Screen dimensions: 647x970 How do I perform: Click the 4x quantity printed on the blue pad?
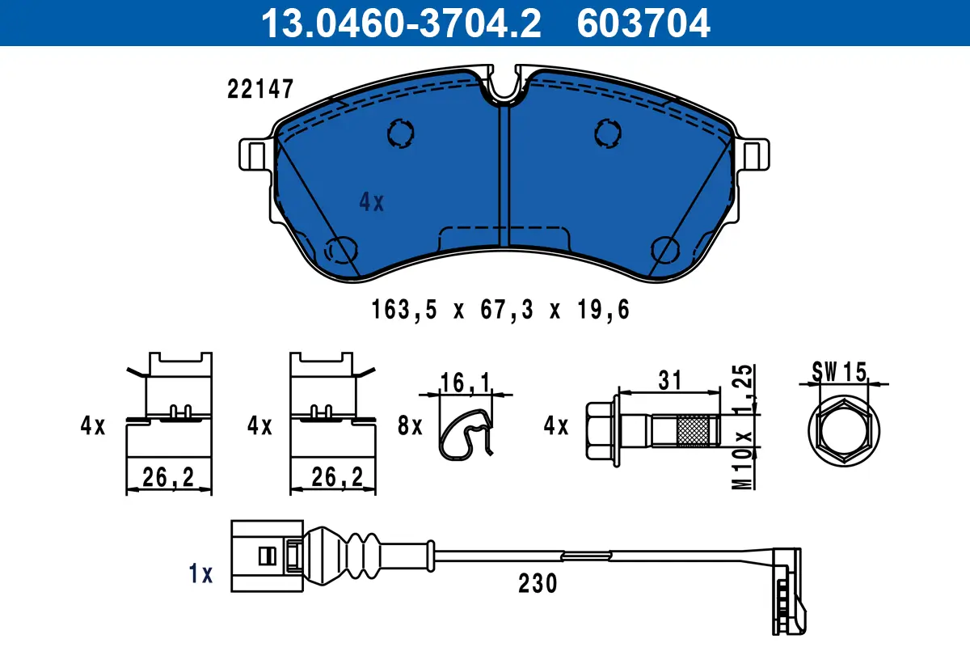[371, 202]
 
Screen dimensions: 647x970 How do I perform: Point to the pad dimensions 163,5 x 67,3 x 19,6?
[500, 309]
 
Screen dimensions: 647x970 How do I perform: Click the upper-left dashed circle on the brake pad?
[400, 133]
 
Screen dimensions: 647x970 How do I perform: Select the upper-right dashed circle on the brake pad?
[606, 133]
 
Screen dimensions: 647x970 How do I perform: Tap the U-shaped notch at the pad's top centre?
[504, 86]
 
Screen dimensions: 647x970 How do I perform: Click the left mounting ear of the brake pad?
[255, 154]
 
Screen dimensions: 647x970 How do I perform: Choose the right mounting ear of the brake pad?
[755, 154]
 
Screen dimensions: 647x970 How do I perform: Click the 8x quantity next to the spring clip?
[411, 425]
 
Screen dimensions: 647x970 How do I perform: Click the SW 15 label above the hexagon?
[839, 372]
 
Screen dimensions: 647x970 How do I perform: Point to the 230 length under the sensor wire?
[538, 583]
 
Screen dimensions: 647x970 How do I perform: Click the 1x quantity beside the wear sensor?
[200, 575]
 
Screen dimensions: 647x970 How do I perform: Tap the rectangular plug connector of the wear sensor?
[258, 555]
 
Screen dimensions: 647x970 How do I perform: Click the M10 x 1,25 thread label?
[744, 425]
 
